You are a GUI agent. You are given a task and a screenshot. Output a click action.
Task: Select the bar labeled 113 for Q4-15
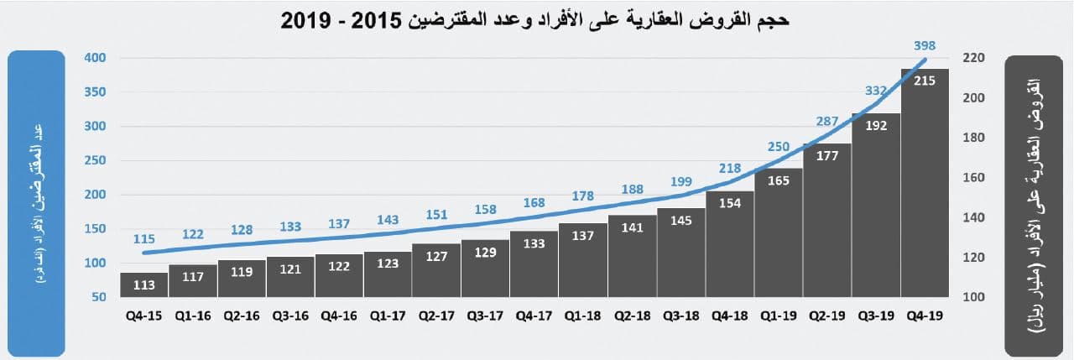(143, 285)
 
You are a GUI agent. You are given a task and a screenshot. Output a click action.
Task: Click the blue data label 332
(876, 91)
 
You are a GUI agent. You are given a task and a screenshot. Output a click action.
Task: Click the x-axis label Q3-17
(484, 317)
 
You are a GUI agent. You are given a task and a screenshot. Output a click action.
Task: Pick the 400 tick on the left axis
(96, 58)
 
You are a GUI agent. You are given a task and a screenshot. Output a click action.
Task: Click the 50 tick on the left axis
(99, 297)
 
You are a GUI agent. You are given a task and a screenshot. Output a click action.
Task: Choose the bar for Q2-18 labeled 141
(632, 260)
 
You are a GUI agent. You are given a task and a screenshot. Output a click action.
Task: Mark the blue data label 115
(144, 238)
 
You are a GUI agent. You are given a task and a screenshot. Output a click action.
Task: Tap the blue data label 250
(779, 148)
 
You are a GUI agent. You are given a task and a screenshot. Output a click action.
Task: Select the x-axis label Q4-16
(338, 317)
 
